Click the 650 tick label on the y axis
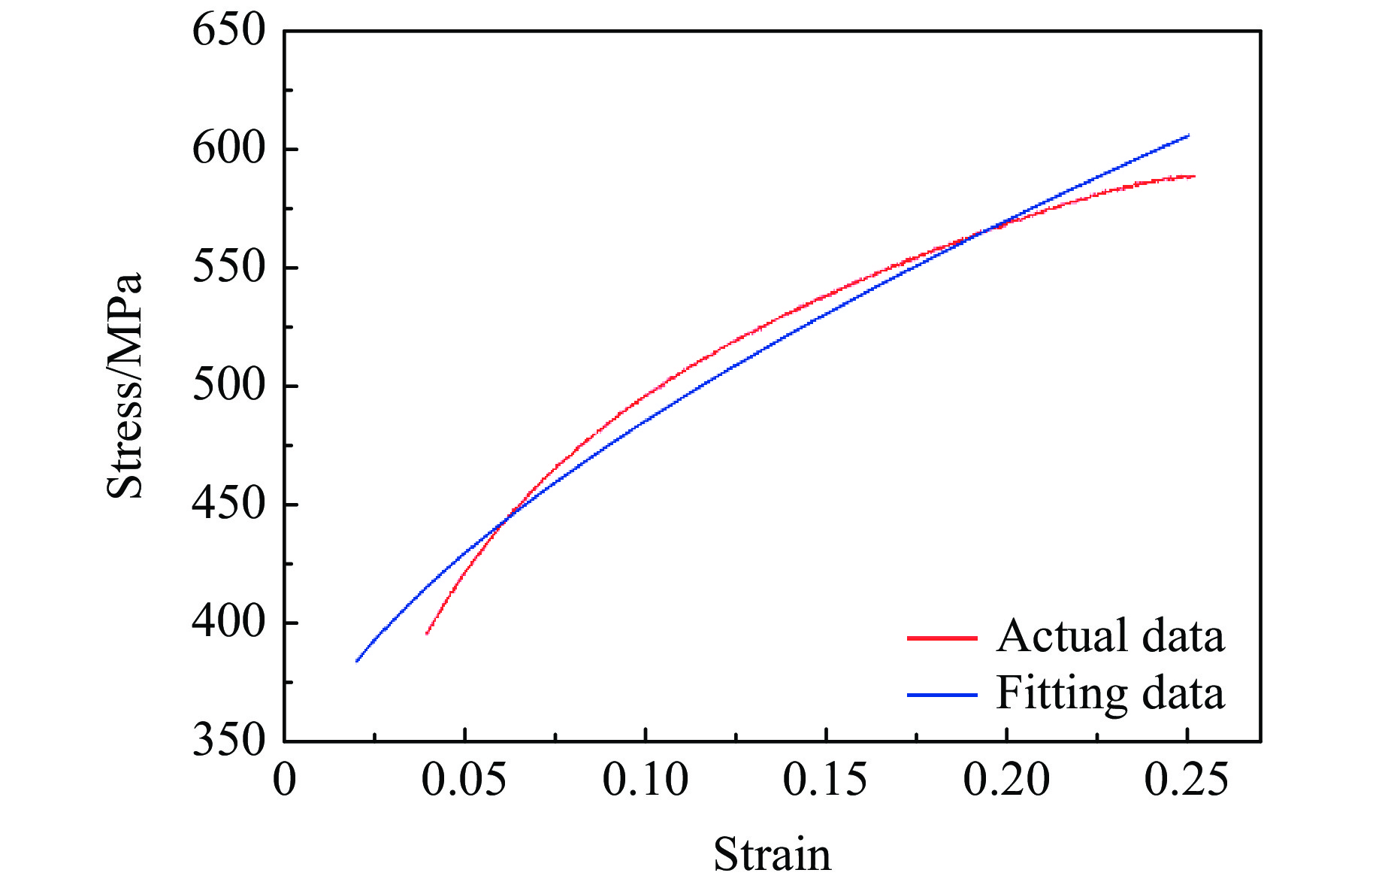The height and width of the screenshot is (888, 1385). click(x=229, y=32)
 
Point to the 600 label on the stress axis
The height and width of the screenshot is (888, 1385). click(x=229, y=149)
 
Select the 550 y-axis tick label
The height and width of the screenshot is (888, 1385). click(x=229, y=268)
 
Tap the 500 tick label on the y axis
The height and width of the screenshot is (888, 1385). click(x=229, y=386)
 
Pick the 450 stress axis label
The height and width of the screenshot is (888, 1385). click(x=229, y=504)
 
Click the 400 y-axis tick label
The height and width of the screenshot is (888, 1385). click(x=229, y=623)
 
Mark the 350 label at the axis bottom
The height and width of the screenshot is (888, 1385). click(x=229, y=740)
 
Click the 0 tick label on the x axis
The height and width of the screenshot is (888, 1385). click(x=285, y=779)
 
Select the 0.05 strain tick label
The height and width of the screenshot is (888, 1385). click(x=464, y=779)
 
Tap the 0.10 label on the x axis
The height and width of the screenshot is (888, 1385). click(x=645, y=779)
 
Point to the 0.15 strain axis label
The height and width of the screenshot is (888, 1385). click(x=825, y=779)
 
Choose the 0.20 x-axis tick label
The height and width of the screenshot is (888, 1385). click(x=1006, y=779)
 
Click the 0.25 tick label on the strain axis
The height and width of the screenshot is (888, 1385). click(x=1187, y=779)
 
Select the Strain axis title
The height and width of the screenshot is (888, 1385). click(x=772, y=855)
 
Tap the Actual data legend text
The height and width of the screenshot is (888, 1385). click(x=1110, y=636)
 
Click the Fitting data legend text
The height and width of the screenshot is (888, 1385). click(x=1110, y=693)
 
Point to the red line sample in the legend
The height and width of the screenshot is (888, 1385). click(x=942, y=638)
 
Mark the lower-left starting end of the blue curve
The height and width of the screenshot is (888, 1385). click(x=357, y=661)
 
